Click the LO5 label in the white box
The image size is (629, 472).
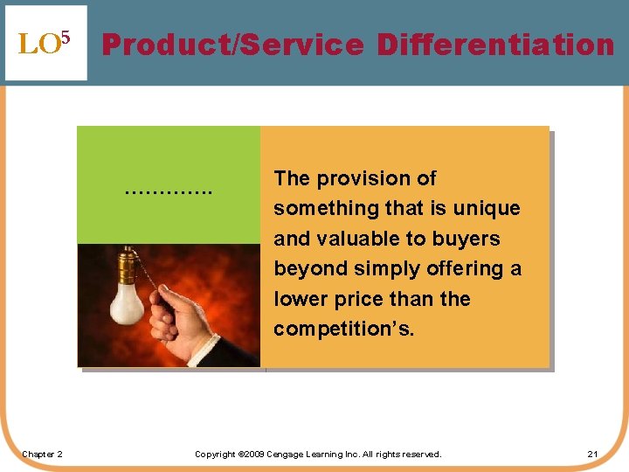click(44, 44)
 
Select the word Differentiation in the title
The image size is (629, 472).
click(495, 44)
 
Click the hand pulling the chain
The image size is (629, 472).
click(178, 318)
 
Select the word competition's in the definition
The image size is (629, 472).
click(344, 329)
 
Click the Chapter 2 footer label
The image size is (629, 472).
click(43, 454)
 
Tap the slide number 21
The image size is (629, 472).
click(592, 454)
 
